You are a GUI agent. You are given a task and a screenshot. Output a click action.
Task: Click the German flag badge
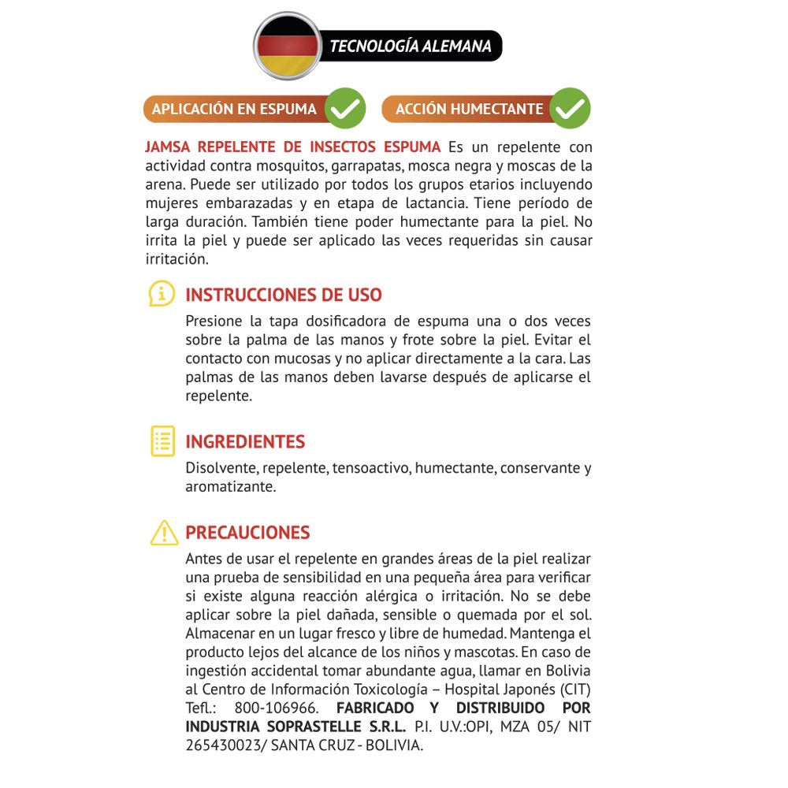[x=288, y=45]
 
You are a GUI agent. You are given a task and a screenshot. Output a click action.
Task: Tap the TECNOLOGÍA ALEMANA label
[x=410, y=46]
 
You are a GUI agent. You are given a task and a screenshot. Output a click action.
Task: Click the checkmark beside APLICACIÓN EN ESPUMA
[x=345, y=109]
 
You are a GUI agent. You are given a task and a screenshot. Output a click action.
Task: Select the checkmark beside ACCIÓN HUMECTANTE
[x=570, y=109]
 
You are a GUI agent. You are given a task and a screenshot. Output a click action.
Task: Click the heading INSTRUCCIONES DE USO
[x=284, y=295]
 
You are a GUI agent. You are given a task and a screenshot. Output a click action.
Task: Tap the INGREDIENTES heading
[x=245, y=441]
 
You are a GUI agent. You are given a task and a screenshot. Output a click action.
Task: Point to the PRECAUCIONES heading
[x=247, y=533]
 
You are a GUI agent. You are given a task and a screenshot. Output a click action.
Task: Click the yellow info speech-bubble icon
[x=162, y=295]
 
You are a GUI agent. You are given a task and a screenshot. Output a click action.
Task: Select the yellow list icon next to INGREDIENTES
[x=162, y=441]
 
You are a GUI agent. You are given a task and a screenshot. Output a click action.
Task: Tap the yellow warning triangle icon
[x=164, y=533]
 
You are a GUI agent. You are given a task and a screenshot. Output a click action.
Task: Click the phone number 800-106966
[x=277, y=708]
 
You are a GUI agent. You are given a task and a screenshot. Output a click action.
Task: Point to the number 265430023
[x=218, y=745]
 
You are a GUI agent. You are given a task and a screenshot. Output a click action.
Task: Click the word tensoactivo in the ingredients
[x=371, y=468]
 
